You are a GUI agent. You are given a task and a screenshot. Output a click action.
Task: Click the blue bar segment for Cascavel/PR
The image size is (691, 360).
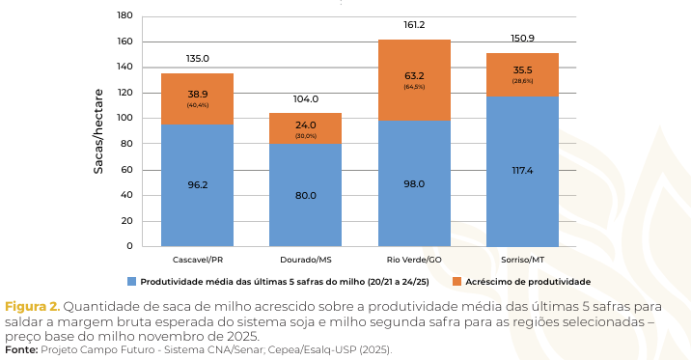click(x=197, y=184)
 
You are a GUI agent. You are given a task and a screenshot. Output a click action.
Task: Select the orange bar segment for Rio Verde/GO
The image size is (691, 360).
click(x=414, y=80)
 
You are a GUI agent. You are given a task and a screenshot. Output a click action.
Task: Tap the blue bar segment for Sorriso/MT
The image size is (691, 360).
click(x=522, y=171)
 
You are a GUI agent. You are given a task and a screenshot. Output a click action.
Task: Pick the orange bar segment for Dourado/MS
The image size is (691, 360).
click(x=305, y=128)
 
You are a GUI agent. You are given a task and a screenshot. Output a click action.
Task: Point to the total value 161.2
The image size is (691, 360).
click(x=414, y=26)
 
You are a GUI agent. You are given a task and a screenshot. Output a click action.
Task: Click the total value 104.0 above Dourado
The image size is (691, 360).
click(x=305, y=99)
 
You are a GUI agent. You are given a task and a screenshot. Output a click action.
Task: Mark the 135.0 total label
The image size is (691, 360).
click(x=197, y=59)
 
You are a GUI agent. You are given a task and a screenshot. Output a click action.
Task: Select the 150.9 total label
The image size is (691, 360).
click(x=522, y=39)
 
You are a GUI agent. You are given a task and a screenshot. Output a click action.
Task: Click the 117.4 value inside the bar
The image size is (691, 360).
click(x=522, y=171)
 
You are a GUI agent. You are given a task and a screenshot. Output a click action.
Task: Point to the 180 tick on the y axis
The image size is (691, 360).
click(x=124, y=16)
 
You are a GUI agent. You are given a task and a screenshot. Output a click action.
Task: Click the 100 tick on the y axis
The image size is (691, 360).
click(x=124, y=119)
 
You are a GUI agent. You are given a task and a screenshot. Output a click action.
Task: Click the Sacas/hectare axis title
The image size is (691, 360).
click(x=98, y=131)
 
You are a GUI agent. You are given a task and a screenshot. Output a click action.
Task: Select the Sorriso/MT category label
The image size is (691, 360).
click(x=522, y=261)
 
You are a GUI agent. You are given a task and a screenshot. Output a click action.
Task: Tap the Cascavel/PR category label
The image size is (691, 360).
click(x=197, y=261)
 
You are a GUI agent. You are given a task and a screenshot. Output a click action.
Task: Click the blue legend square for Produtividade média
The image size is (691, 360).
click(x=131, y=282)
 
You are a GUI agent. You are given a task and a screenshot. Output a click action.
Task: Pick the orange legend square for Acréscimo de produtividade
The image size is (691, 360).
click(x=456, y=282)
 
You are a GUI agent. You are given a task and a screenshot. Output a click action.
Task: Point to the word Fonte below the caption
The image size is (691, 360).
click(x=21, y=349)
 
